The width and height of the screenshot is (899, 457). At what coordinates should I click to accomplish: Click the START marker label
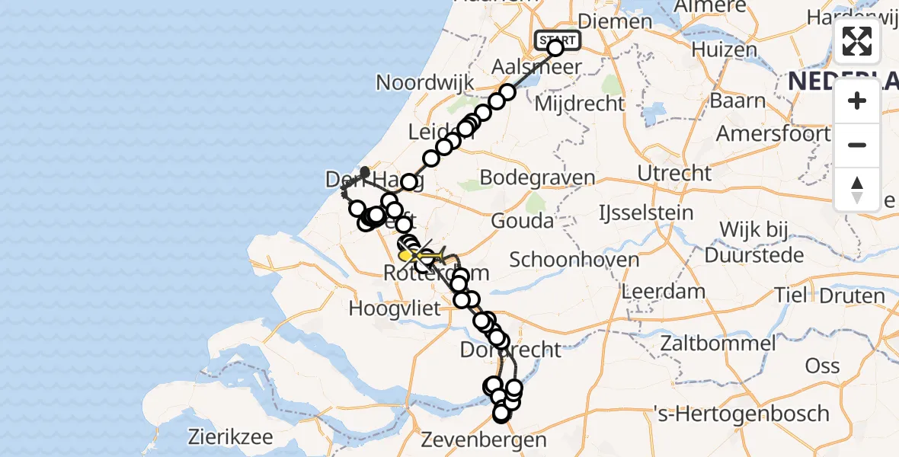point(558,40)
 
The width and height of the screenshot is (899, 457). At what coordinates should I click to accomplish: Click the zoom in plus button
point(857,101)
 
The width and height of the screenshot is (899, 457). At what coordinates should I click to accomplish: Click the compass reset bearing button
point(857,190)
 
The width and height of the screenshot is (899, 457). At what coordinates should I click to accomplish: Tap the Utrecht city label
point(674,174)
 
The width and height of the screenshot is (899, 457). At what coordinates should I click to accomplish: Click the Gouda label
point(522,222)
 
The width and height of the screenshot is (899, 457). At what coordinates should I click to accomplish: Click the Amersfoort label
point(773,133)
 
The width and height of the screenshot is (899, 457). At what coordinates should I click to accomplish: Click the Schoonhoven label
point(574,259)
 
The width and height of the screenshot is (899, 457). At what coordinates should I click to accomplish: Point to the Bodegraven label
point(538,178)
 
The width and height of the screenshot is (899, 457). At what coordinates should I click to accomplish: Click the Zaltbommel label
point(719,344)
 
